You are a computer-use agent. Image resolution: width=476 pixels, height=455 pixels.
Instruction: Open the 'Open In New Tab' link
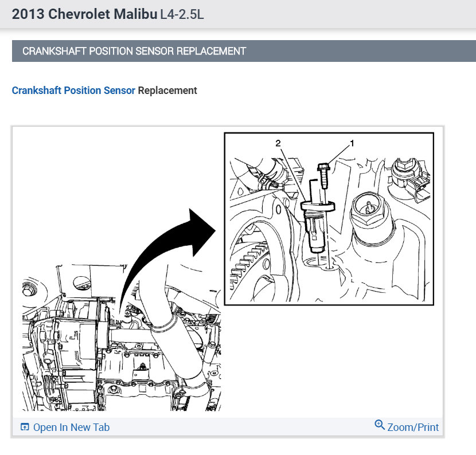pyautogui.click(x=71, y=427)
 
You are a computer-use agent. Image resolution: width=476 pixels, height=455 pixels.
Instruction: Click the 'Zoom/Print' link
pyautogui.click(x=413, y=427)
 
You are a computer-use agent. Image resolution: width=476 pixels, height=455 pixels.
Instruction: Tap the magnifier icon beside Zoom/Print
pyautogui.click(x=380, y=425)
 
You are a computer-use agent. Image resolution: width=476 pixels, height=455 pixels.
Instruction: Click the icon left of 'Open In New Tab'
pyautogui.click(x=25, y=427)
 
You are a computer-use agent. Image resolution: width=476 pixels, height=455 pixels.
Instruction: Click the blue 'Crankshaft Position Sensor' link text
pyautogui.click(x=73, y=91)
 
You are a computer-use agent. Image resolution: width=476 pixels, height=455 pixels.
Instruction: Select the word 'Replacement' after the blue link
pyautogui.click(x=167, y=91)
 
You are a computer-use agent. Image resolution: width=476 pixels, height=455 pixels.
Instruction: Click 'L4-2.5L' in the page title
pyautogui.click(x=182, y=14)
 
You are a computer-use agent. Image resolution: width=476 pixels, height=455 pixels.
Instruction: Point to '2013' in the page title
pyautogui.click(x=28, y=14)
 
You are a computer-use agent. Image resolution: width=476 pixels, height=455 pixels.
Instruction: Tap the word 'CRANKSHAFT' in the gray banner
pyautogui.click(x=54, y=51)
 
